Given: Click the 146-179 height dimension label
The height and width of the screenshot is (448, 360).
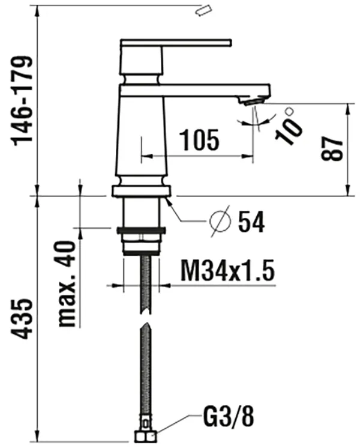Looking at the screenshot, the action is coord(22,101).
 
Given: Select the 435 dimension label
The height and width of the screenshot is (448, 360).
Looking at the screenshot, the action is coord(22,319).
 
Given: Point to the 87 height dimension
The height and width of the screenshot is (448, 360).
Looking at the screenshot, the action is coord(331,148).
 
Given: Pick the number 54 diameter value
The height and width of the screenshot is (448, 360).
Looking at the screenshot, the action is coord(251,222).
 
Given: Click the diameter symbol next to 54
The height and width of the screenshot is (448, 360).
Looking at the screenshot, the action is coord(220,221).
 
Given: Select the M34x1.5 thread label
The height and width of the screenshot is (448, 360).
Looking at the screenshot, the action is coord(227,270).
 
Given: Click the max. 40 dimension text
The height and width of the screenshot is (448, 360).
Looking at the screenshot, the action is coord(67,283).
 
